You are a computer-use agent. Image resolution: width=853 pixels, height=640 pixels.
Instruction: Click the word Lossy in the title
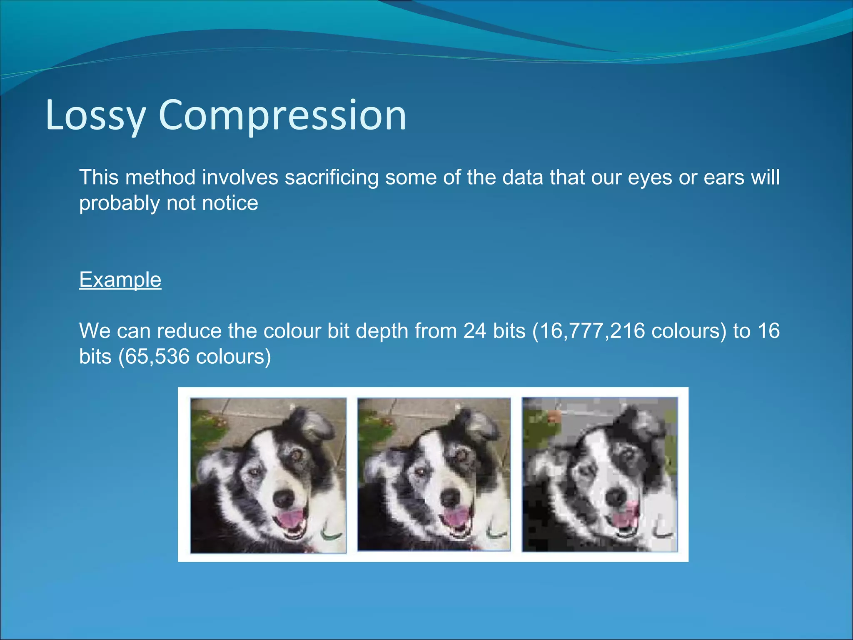tap(95, 116)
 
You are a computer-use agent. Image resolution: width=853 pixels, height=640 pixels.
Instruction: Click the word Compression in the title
tap(282, 116)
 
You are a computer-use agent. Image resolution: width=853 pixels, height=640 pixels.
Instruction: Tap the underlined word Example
tap(120, 280)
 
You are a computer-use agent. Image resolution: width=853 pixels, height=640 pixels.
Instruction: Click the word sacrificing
tap(332, 177)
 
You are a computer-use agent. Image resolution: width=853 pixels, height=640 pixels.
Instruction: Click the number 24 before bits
tap(475, 331)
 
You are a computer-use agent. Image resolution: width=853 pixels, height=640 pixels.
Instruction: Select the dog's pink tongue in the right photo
tap(624, 518)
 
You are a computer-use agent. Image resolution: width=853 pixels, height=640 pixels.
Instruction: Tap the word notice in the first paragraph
tap(230, 203)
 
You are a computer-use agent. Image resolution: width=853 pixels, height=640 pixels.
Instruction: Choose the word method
tap(160, 177)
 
